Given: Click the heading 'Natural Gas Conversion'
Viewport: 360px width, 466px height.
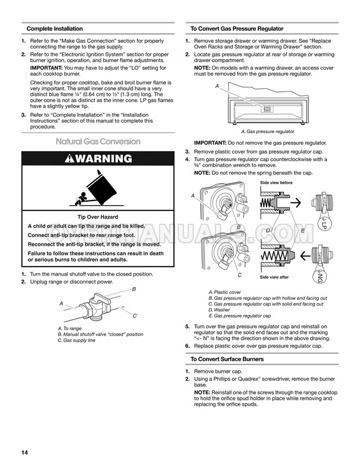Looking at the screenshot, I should click(98, 141).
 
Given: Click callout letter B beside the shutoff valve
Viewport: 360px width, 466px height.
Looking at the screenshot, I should click(134, 289).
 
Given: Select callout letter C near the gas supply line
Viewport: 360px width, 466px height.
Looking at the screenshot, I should click(135, 316).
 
